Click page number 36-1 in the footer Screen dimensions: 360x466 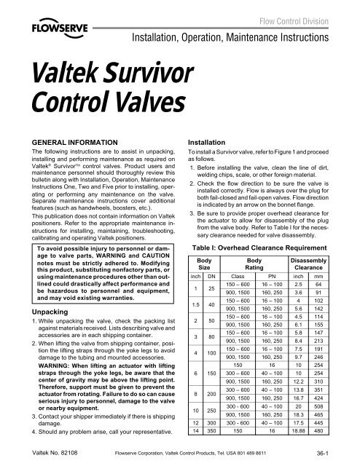point(341,453)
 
